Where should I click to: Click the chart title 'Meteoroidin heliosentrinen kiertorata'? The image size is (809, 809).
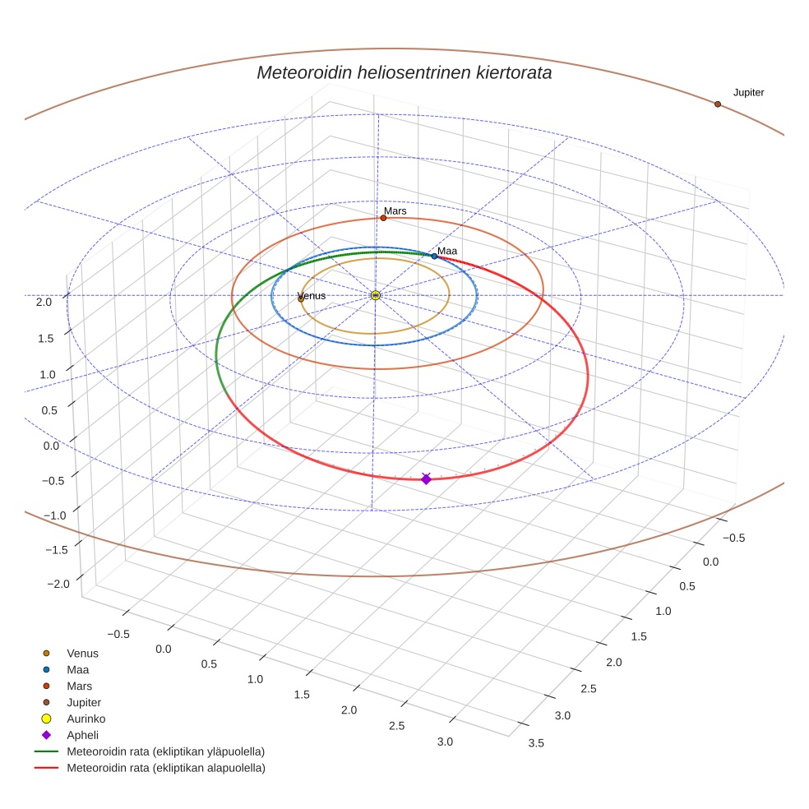404,72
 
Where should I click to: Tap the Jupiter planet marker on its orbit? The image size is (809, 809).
718,104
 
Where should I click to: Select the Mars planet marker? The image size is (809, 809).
383,218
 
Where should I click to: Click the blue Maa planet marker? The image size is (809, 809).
434,257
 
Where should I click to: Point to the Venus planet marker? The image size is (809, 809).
301,299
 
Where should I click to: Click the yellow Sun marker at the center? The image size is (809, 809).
376,295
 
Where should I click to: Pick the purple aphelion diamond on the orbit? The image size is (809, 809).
426,478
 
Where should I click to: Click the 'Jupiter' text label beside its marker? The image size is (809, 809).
748,93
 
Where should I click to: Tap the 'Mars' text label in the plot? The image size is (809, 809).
395,211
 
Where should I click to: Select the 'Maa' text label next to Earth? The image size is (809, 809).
446,251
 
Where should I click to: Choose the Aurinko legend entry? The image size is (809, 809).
86,719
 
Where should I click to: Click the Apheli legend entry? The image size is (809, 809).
82,735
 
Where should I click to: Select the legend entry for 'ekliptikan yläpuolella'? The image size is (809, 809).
165,751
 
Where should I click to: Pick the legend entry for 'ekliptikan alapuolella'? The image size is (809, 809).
165,768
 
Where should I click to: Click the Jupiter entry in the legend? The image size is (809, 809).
84,702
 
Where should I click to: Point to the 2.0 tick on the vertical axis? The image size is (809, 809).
44,302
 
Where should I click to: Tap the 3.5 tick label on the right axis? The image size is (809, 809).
535,743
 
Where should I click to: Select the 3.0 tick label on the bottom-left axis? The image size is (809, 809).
445,742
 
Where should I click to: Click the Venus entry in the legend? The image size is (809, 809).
82,653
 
